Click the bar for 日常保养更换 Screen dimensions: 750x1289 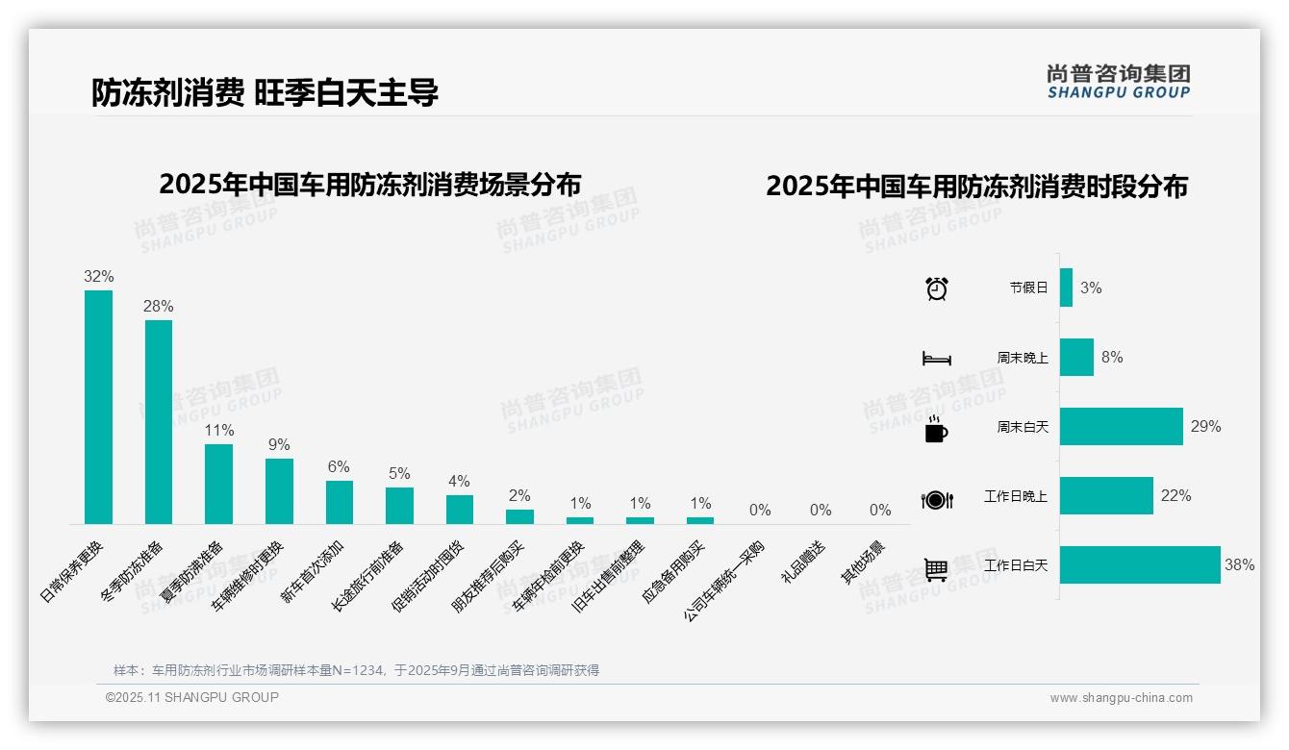pyautogui.click(x=98, y=407)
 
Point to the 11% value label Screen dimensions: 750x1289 pyautogui.click(x=219, y=430)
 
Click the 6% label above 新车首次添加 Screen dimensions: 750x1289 pyautogui.click(x=339, y=466)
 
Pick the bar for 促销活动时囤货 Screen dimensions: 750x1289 pyautogui.click(x=460, y=509)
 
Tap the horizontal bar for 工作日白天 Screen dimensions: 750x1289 pyautogui.click(x=1140, y=565)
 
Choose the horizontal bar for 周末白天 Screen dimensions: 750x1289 pyautogui.click(x=1122, y=426)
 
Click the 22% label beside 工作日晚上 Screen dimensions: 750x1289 pyautogui.click(x=1175, y=495)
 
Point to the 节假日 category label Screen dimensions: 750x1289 pyautogui.click(x=1028, y=287)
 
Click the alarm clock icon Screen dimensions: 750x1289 pyautogui.click(x=936, y=287)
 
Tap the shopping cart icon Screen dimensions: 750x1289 pyautogui.click(x=936, y=569)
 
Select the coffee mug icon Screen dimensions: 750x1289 pyautogui.click(x=936, y=430)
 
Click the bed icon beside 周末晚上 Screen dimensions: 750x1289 pyautogui.click(x=936, y=359)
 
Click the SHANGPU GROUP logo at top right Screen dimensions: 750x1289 pyautogui.click(x=1118, y=81)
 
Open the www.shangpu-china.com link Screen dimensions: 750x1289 pyautogui.click(x=1121, y=698)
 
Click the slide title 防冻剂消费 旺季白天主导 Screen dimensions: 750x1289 pyautogui.click(x=265, y=92)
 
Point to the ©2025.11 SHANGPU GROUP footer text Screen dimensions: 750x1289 pyautogui.click(x=192, y=697)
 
